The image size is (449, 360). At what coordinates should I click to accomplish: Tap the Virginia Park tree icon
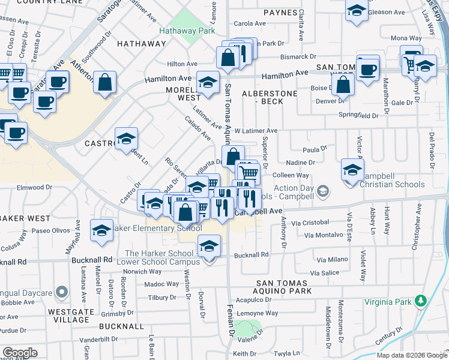(x=421, y=301)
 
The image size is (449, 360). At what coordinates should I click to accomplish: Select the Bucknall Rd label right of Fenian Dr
(x=252, y=255)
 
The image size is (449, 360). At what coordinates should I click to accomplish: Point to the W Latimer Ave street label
(x=256, y=130)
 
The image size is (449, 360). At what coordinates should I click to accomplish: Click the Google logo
(x=19, y=353)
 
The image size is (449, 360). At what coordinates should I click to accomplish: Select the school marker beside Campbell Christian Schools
(x=352, y=170)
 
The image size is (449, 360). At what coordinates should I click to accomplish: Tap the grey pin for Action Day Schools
(x=323, y=191)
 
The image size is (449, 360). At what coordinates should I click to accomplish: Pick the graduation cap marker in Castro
(x=126, y=140)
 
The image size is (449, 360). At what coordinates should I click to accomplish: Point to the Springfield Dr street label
(x=359, y=115)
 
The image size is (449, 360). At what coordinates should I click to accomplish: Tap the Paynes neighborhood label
(x=280, y=12)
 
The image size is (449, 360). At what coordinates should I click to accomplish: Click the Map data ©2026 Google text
(x=412, y=355)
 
